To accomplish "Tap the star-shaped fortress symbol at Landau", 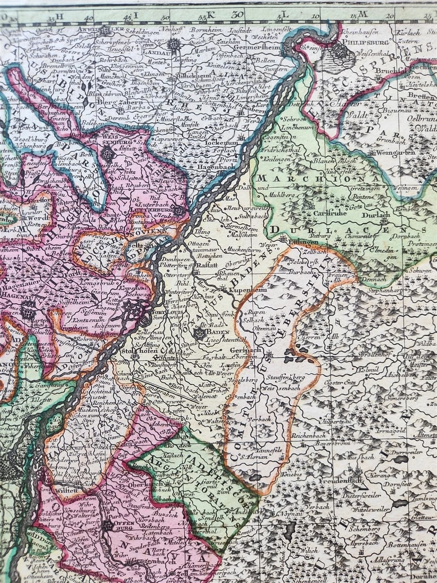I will pos(174,45).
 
